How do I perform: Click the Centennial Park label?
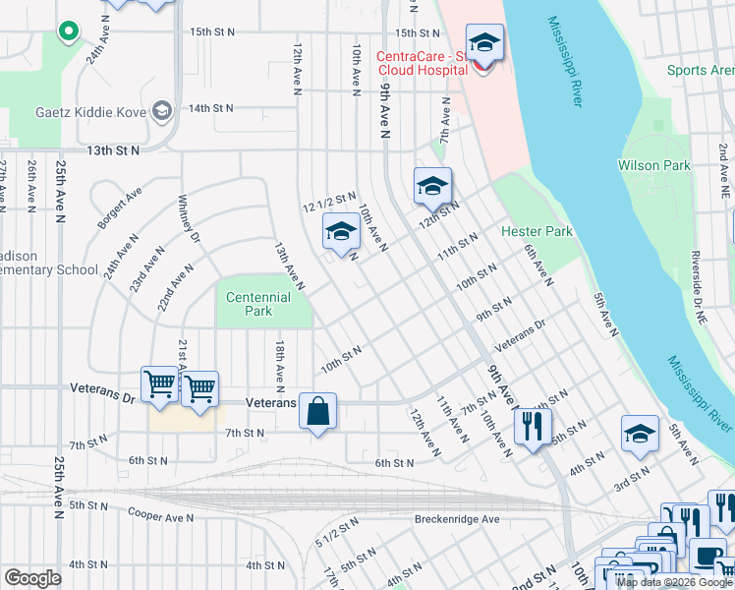(258, 304)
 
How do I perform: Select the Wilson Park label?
(654, 165)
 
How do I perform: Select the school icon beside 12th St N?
(432, 186)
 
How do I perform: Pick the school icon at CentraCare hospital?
(484, 44)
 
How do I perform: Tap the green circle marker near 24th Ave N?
(68, 32)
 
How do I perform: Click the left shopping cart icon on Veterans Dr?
(160, 383)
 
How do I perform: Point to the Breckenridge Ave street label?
(457, 519)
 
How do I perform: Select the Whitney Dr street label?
(189, 222)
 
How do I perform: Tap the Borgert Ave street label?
(120, 207)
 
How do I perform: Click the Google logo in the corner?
(32, 578)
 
